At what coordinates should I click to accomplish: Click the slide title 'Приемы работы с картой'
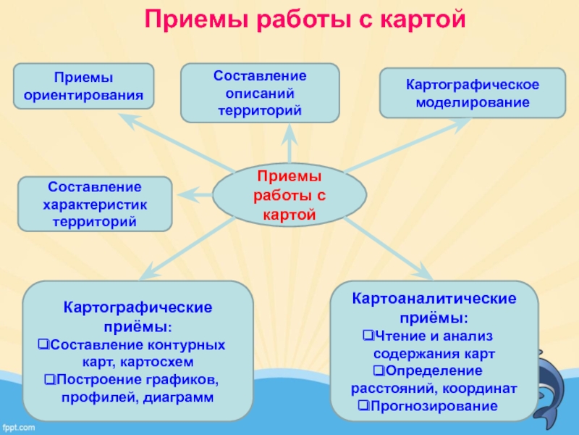(305, 20)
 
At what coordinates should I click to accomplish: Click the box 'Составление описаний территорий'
(260, 93)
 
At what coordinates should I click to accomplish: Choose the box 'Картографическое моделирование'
(473, 94)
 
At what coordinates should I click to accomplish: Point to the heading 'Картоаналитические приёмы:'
(434, 308)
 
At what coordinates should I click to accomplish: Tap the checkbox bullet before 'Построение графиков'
(49, 379)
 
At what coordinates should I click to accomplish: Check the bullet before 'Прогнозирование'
(363, 406)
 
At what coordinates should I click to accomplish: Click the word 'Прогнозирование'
(434, 406)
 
